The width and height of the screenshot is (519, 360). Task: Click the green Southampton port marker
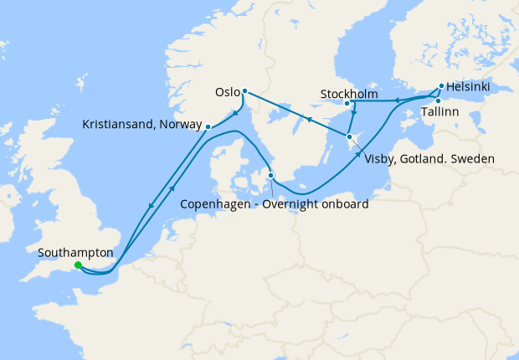[78, 265]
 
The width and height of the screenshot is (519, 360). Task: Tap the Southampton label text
[75, 251]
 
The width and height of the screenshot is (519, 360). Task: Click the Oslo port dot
[244, 91]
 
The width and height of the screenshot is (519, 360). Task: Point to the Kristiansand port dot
[208, 126]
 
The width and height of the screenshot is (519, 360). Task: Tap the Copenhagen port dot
[270, 175]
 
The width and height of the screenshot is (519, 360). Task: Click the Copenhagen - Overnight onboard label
[275, 203]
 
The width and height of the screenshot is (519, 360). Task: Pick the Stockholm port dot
[347, 103]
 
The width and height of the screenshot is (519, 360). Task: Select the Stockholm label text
[349, 92]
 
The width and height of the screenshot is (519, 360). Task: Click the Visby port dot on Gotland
[349, 136]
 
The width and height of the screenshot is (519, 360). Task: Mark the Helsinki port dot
[440, 85]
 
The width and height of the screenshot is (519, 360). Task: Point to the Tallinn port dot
[438, 100]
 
